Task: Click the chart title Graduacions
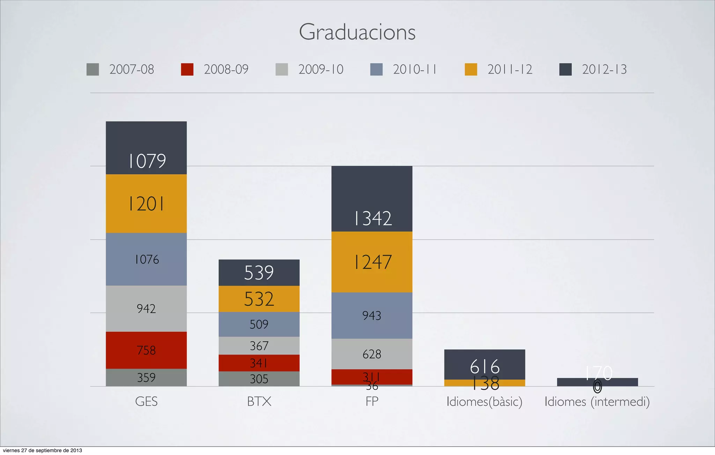click(x=357, y=32)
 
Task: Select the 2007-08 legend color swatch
click(x=93, y=69)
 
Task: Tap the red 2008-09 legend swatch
click(x=187, y=69)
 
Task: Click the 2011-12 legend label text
click(x=510, y=69)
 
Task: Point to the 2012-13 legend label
click(x=604, y=69)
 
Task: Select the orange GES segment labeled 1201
click(x=146, y=204)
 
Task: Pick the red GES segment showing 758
click(x=146, y=350)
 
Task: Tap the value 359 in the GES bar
click(x=146, y=378)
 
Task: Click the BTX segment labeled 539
click(x=259, y=273)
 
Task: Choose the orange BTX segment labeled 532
click(x=259, y=299)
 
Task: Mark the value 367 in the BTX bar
click(x=259, y=346)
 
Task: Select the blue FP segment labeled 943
click(x=372, y=315)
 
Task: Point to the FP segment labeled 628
click(x=372, y=354)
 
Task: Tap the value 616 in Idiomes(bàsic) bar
click(x=485, y=366)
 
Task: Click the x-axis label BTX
click(x=259, y=402)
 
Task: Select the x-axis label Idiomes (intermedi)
click(x=597, y=402)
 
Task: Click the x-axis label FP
click(x=372, y=402)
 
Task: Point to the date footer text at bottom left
click(x=42, y=450)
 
